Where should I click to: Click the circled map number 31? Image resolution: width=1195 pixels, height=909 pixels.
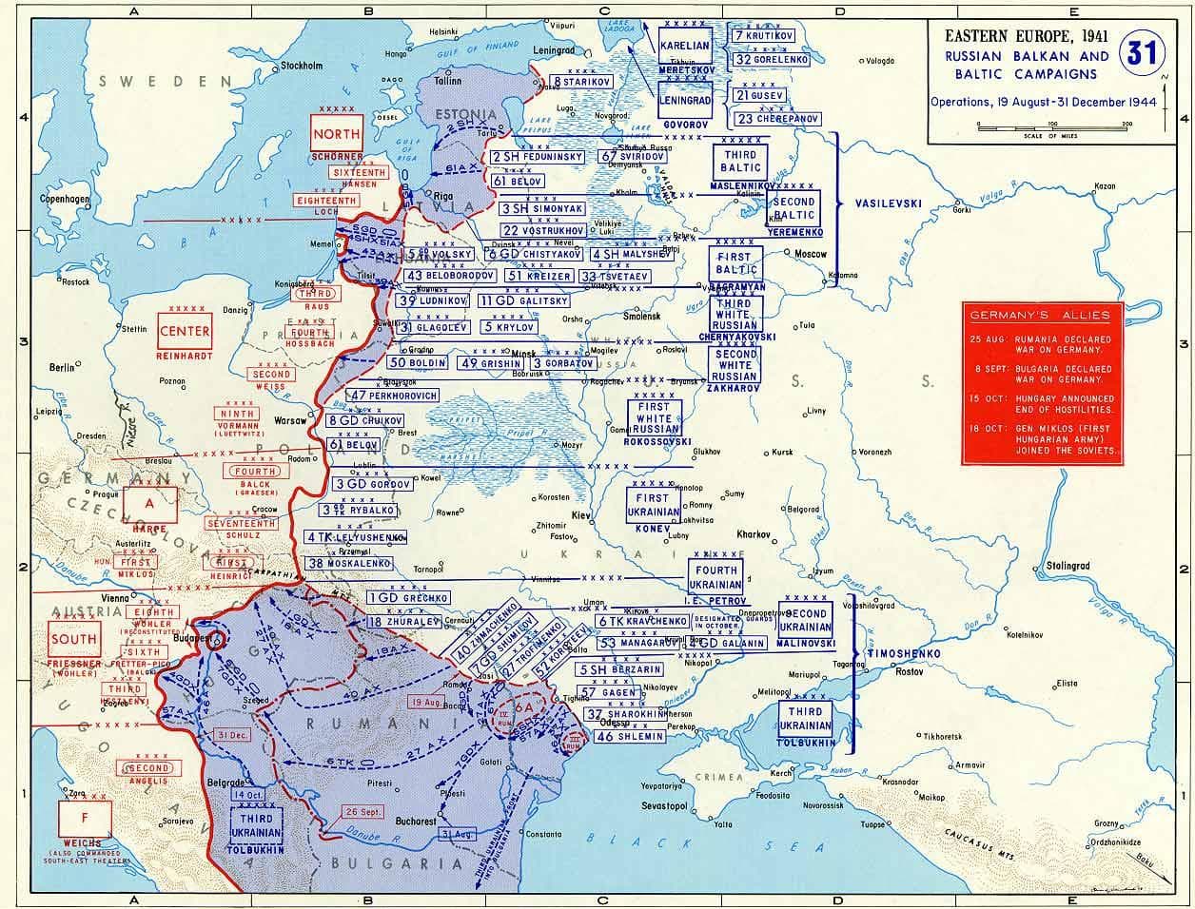[x=1140, y=52]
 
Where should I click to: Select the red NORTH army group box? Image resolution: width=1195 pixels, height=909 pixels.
[x=337, y=134]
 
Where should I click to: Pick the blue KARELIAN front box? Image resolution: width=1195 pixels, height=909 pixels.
[x=685, y=46]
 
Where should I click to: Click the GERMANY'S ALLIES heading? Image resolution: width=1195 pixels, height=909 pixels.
[x=1043, y=315]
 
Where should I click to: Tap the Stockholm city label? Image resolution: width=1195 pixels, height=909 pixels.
[x=298, y=66]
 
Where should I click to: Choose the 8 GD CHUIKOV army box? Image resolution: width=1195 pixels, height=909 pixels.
[x=367, y=420]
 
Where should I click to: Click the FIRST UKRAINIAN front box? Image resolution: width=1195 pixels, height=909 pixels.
[x=654, y=505]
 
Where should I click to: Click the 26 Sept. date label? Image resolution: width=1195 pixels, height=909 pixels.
[x=363, y=811]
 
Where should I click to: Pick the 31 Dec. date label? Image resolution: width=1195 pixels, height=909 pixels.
[x=235, y=735]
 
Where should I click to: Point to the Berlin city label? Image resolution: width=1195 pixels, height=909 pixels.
[x=63, y=366]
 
